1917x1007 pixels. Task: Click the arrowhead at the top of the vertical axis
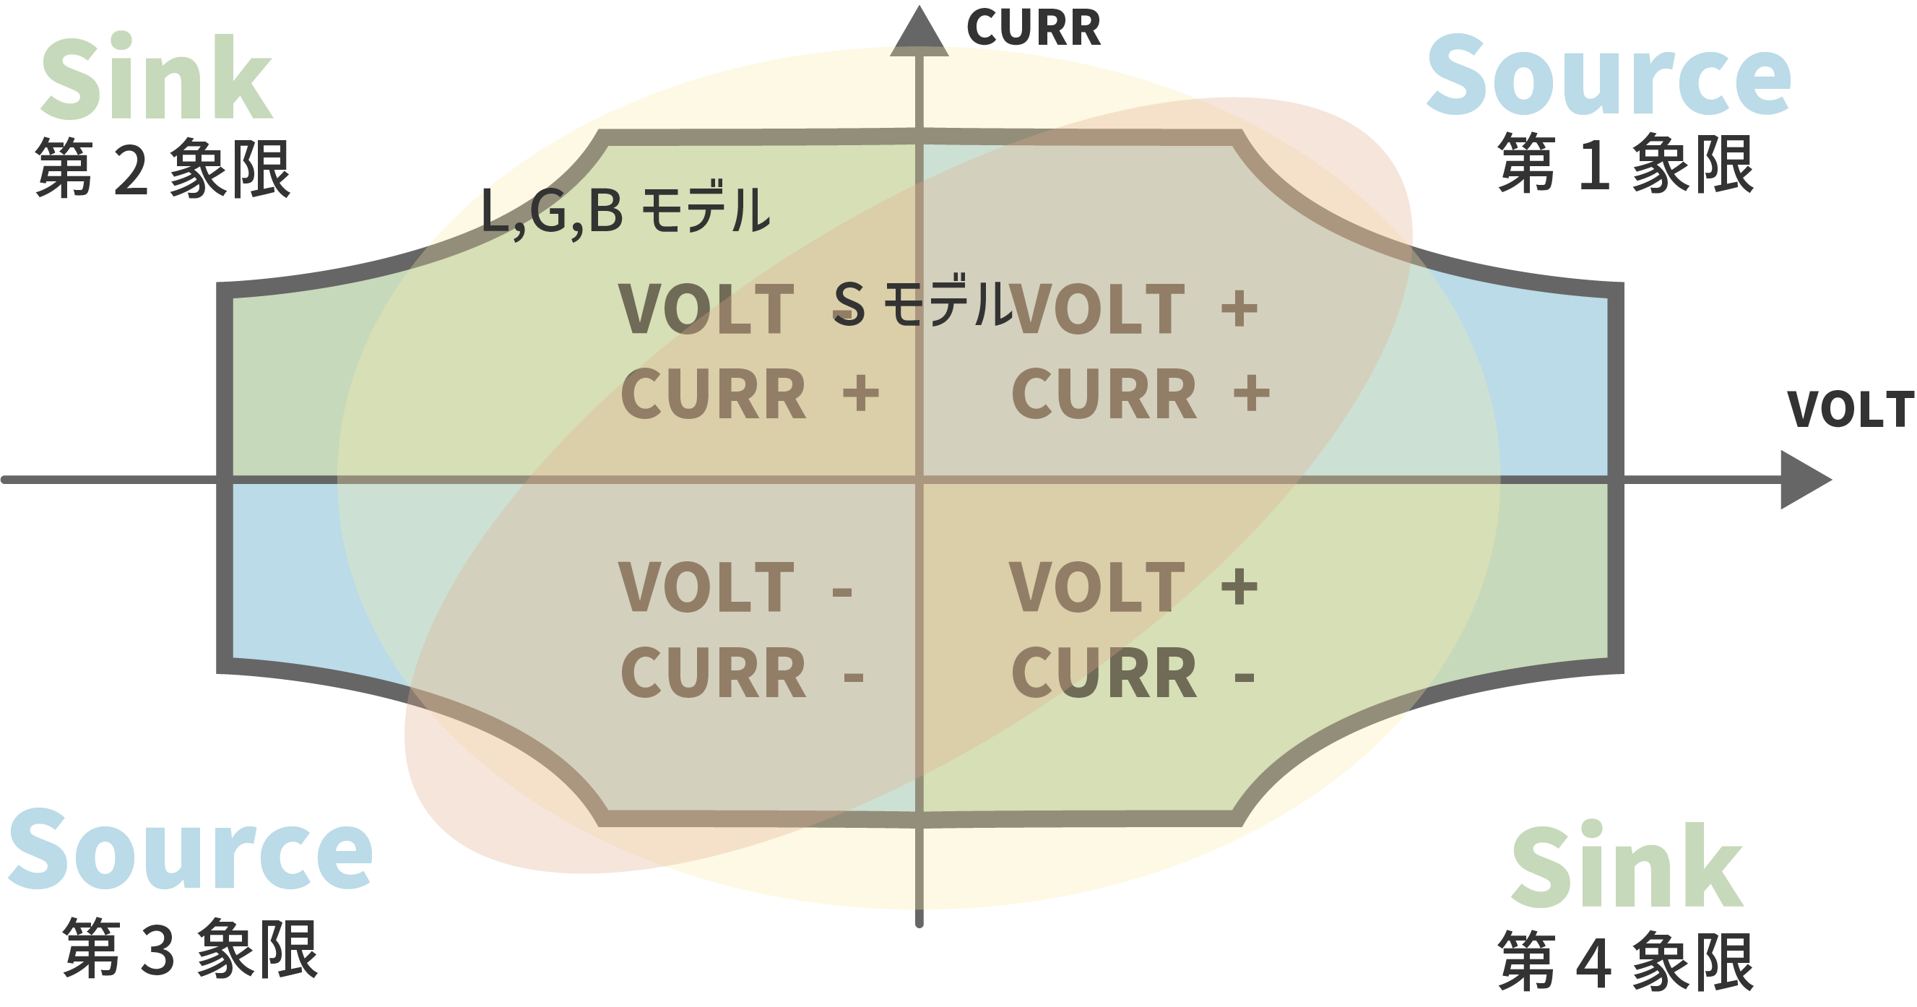coord(919,33)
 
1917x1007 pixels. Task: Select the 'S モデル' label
coord(923,303)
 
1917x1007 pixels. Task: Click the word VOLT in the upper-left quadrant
coord(706,310)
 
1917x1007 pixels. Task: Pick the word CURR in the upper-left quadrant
coord(713,394)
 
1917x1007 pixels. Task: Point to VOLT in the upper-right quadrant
coord(1097,309)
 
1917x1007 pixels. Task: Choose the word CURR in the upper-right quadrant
coord(1104,394)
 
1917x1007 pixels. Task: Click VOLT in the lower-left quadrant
coord(706,588)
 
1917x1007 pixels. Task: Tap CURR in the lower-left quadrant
coord(713,673)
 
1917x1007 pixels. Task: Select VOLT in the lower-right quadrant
coord(1097,588)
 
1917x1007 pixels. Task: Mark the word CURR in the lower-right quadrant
coord(1104,673)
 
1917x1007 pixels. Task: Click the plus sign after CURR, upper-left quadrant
coord(861,393)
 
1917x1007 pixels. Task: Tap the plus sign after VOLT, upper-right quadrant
coord(1239,308)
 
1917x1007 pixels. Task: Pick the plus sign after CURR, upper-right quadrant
coord(1252,393)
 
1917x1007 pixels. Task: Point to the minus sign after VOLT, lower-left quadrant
coord(841,592)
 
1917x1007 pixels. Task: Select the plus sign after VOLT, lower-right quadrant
coord(1239,587)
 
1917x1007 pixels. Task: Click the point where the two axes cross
coord(919,480)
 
